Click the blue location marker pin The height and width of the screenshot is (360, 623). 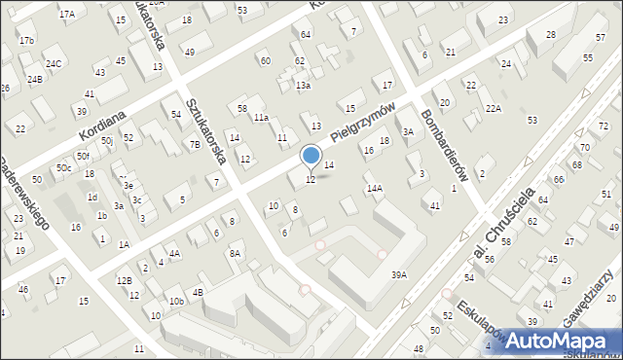pyautogui.click(x=311, y=156)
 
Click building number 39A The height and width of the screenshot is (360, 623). pyautogui.click(x=398, y=275)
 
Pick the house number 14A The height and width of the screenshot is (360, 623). pyautogui.click(x=374, y=188)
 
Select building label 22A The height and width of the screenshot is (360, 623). pyautogui.click(x=494, y=108)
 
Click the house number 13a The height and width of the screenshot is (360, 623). pyautogui.click(x=304, y=86)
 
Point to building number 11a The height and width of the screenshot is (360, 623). pyautogui.click(x=261, y=118)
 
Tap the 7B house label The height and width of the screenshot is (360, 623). pyautogui.click(x=195, y=145)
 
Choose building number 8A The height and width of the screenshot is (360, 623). pyautogui.click(x=235, y=253)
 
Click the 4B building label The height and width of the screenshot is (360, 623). pyautogui.click(x=198, y=292)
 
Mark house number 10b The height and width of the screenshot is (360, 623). pyautogui.click(x=175, y=302)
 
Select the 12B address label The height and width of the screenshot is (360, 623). pyautogui.click(x=124, y=281)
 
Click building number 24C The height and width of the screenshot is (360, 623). pyautogui.click(x=54, y=64)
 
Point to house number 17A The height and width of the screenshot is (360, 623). pyautogui.click(x=66, y=15)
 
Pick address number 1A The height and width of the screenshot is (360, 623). pyautogui.click(x=124, y=245)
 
